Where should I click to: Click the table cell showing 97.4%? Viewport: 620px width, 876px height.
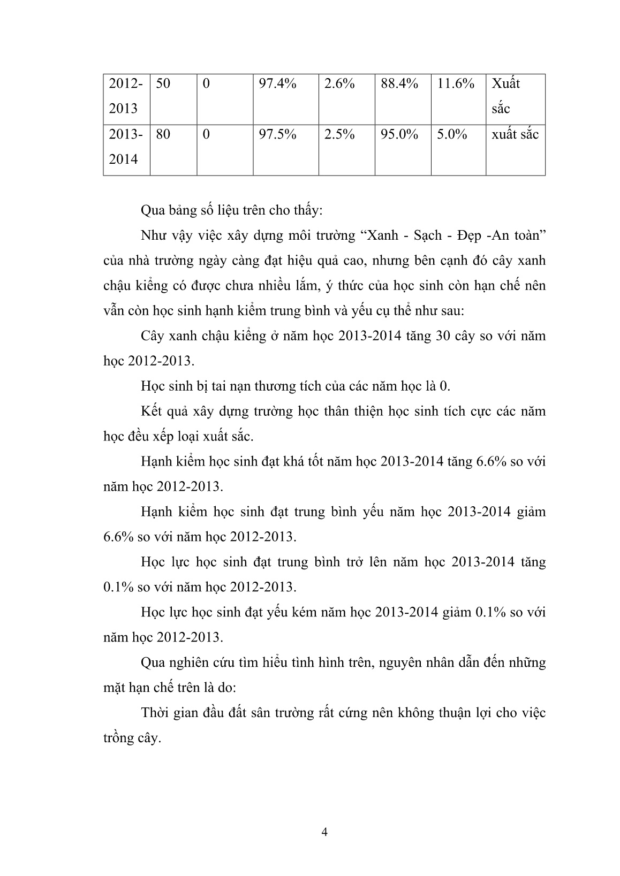tap(277, 84)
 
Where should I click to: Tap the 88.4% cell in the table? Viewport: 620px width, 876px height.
tap(399, 84)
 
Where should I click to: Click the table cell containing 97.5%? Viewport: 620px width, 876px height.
tap(277, 134)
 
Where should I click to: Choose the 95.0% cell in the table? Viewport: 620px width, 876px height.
tap(399, 134)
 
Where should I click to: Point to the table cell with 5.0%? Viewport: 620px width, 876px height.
tap(452, 134)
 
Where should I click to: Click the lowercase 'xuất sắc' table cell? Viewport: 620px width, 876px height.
tap(515, 134)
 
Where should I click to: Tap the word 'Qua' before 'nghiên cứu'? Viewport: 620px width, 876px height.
tap(153, 663)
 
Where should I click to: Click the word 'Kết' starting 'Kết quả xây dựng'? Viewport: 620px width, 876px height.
tap(153, 412)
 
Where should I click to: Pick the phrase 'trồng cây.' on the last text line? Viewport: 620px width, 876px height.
tap(132, 738)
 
